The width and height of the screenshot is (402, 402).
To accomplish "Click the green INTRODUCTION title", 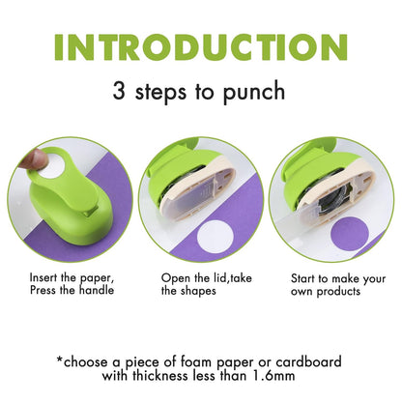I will (x=200, y=48).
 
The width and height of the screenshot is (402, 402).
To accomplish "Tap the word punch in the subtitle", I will (x=254, y=95).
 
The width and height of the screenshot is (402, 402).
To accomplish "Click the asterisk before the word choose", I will (x=62, y=360).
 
